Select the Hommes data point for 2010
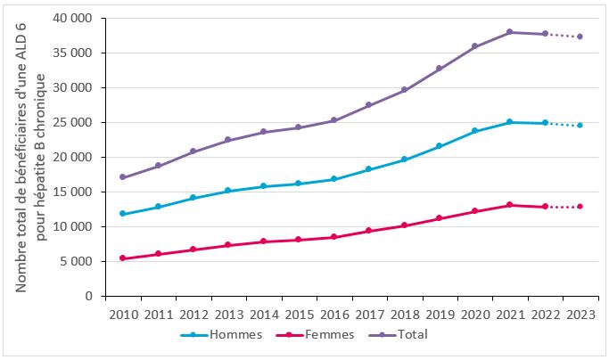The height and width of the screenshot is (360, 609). pyautogui.click(x=122, y=214)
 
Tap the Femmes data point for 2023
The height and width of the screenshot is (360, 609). pyautogui.click(x=580, y=207)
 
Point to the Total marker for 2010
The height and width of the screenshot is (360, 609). pyautogui.click(x=122, y=177)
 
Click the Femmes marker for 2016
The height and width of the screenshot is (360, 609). pyautogui.click(x=333, y=237)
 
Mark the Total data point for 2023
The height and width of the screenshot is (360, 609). pyautogui.click(x=580, y=37)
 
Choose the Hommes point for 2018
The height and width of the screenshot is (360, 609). pyautogui.click(x=404, y=160)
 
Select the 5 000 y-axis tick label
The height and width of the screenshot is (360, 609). pyautogui.click(x=78, y=261)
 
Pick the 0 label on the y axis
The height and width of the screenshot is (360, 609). pyautogui.click(x=91, y=296)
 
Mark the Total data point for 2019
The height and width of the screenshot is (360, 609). pyautogui.click(x=440, y=69)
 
